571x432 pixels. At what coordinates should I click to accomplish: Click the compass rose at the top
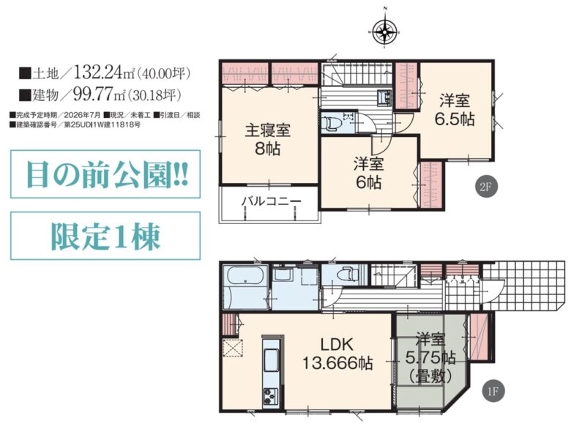(x=384, y=31)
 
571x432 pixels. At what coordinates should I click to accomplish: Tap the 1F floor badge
(x=494, y=391)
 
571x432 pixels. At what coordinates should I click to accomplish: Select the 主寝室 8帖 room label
(x=267, y=140)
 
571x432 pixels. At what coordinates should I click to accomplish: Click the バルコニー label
(x=268, y=200)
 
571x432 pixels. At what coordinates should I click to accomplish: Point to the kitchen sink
(x=269, y=360)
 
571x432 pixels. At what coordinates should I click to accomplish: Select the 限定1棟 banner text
(x=105, y=236)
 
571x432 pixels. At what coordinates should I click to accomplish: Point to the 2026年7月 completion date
(x=81, y=115)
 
